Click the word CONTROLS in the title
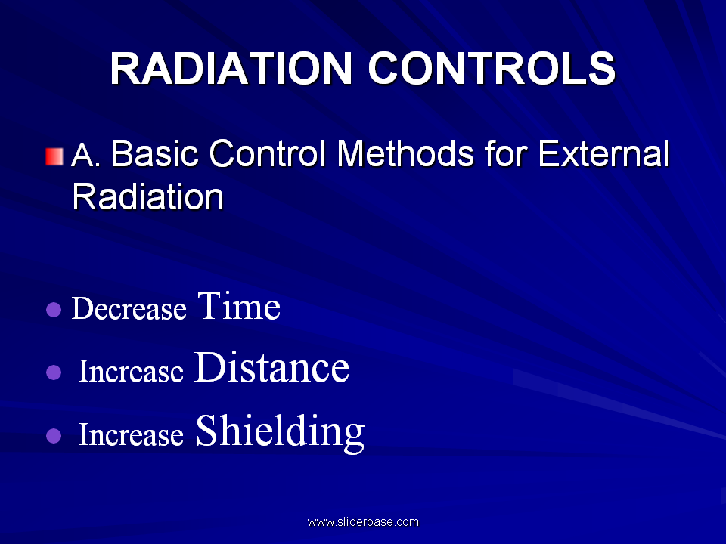click(x=492, y=69)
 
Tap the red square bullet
click(x=54, y=156)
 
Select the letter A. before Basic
click(x=85, y=154)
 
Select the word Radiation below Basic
click(x=147, y=196)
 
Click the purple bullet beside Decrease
click(x=54, y=310)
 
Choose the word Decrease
click(x=129, y=308)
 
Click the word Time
click(x=239, y=306)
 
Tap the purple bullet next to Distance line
click(x=54, y=372)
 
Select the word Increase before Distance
click(x=131, y=371)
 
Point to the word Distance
click(x=271, y=367)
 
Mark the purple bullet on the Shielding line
click(x=54, y=436)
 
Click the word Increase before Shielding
click(x=131, y=434)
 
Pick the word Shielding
click(x=280, y=432)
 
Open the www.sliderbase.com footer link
click(x=363, y=522)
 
